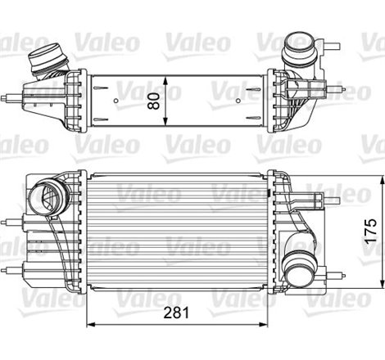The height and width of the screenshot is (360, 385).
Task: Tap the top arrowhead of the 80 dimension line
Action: (166, 75)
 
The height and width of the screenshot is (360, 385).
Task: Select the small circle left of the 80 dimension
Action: (115, 104)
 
